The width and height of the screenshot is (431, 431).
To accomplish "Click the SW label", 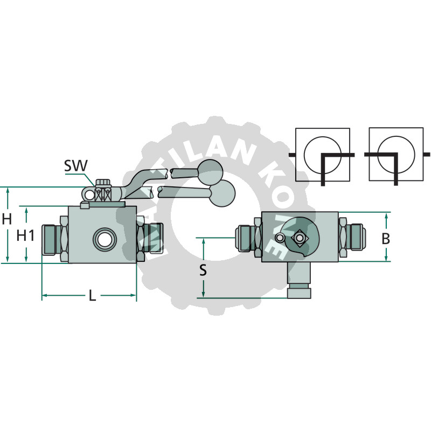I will [75, 166].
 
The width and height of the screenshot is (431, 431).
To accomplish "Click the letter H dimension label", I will [7, 219].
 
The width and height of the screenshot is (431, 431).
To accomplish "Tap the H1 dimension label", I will [25, 235].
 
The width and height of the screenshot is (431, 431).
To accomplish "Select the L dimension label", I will [92, 296].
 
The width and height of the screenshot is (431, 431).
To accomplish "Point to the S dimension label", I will [203, 269].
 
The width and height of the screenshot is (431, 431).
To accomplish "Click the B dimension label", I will [386, 239].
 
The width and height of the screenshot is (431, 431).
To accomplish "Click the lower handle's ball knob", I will [223, 193].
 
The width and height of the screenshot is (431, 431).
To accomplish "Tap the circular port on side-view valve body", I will [102, 238].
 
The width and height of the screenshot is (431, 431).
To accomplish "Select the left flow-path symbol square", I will [322, 154].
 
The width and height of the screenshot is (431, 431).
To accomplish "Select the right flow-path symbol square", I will [395, 154].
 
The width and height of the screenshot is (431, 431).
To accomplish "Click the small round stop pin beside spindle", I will [279, 238].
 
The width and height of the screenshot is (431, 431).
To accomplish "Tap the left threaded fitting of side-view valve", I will [53, 238].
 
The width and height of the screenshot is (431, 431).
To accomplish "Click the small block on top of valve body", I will [84, 205].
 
